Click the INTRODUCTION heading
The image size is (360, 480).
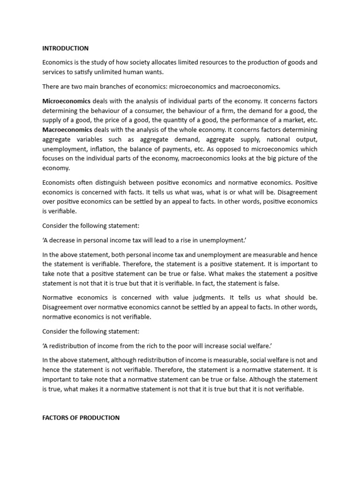click(65, 48)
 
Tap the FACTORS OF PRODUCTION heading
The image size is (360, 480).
click(81, 417)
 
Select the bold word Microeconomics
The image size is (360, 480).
click(66, 101)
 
